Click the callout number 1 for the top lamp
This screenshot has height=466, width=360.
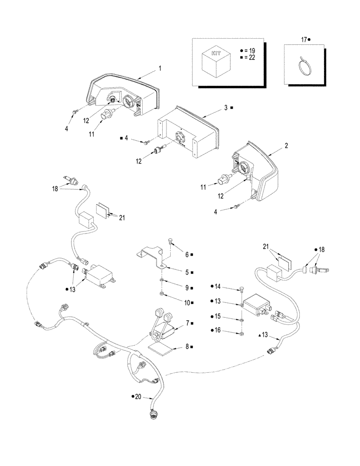pos(159,68)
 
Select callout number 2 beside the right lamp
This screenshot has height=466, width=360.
pos(286,145)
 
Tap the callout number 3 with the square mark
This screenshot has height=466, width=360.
pos(225,108)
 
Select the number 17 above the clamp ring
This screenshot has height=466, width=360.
pos(304,40)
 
